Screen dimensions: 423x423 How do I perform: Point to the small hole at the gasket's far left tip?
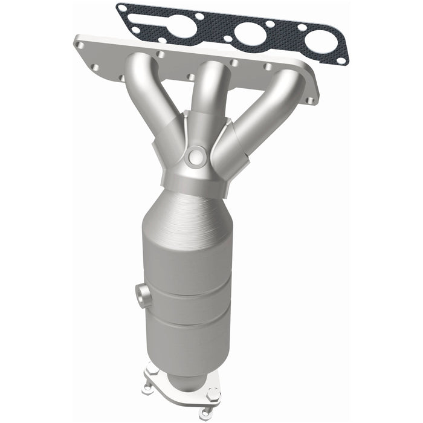[123, 8]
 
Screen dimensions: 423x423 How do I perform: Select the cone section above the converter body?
[187, 208]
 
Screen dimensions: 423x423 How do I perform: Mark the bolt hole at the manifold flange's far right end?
[309, 100]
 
